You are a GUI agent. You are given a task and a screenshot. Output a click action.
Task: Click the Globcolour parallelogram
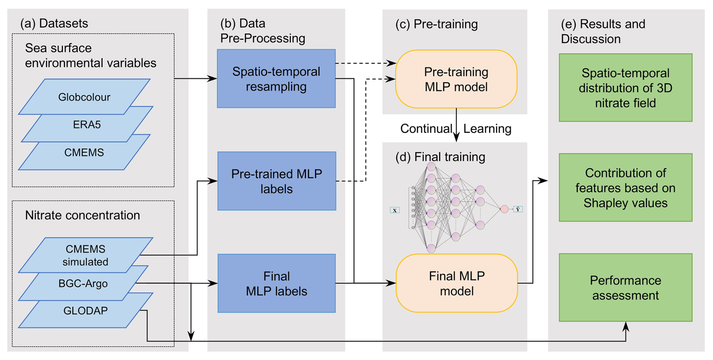(84, 97)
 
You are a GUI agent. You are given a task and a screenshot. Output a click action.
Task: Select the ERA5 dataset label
(87, 125)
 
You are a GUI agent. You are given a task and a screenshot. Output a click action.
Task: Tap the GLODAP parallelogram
(86, 311)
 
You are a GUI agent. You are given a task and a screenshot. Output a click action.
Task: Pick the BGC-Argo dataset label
(83, 283)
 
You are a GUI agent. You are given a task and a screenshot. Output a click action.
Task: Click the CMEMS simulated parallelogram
(86, 255)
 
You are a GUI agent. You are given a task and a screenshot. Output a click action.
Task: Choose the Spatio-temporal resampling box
(276, 79)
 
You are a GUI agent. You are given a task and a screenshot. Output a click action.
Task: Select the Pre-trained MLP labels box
(277, 181)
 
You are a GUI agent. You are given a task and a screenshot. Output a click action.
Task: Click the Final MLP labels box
(277, 283)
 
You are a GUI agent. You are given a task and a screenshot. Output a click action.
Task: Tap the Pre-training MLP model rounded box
(456, 79)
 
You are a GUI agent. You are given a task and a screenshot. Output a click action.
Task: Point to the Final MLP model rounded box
(457, 283)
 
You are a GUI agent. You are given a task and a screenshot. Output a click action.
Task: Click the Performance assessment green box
(626, 288)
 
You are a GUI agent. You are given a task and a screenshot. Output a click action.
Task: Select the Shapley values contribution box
(626, 188)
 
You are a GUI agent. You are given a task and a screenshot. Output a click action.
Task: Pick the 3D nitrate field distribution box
(626, 88)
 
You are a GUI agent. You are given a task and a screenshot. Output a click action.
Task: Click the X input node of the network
(395, 210)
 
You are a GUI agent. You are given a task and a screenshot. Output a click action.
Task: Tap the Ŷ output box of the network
(518, 209)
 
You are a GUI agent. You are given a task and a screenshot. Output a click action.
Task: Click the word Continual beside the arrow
(426, 129)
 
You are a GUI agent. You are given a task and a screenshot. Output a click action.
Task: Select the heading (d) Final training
(440, 157)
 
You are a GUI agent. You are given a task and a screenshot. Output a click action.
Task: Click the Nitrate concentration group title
(83, 215)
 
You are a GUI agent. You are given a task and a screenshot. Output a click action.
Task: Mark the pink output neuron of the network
(505, 209)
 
